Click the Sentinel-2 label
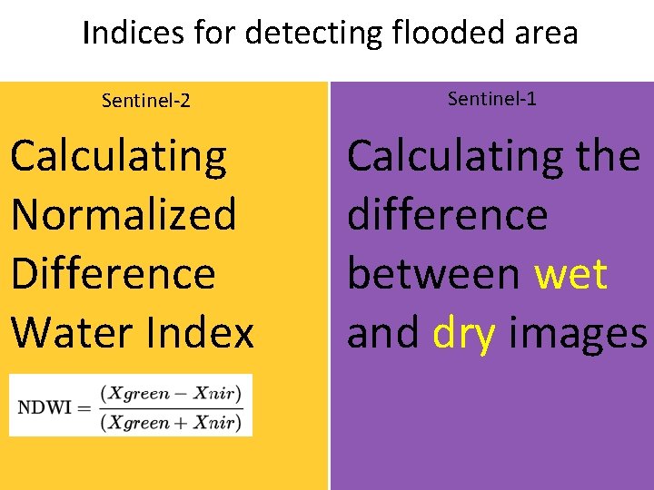(x=146, y=100)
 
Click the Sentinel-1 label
(x=492, y=99)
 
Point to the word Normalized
(x=124, y=215)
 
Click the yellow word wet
(x=570, y=274)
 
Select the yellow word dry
(x=464, y=333)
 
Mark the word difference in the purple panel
(x=448, y=215)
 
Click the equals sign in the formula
(x=84, y=407)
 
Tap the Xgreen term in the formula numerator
(x=137, y=393)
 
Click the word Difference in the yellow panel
(x=114, y=274)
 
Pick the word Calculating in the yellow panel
(x=118, y=156)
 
